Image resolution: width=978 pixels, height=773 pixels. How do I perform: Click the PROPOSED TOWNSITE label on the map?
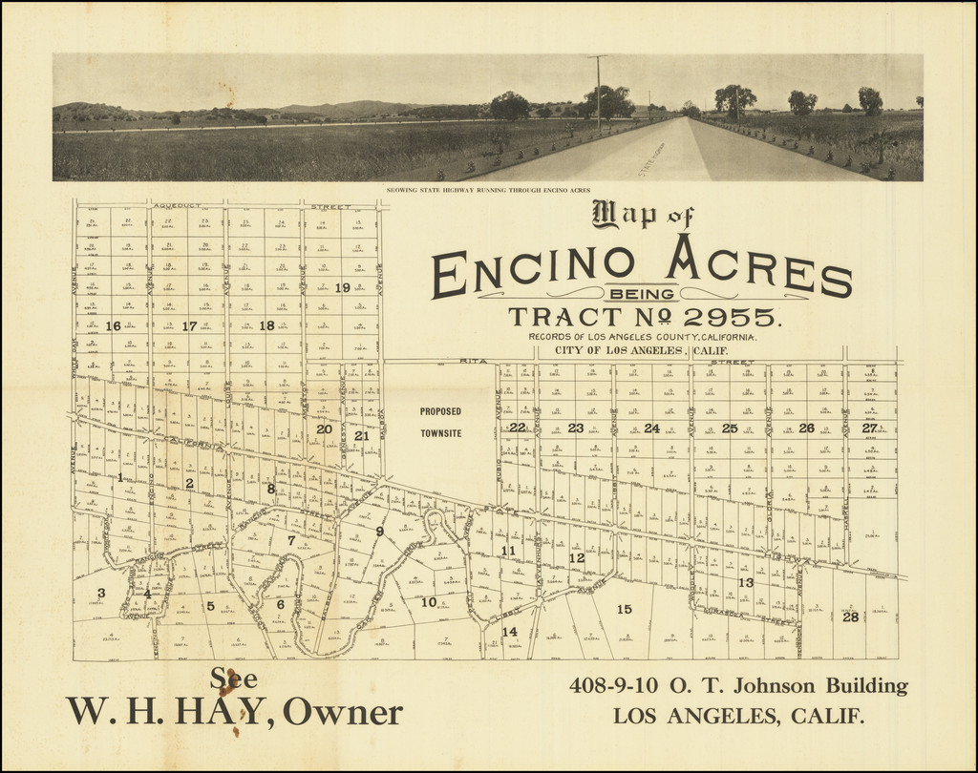[x=440, y=422]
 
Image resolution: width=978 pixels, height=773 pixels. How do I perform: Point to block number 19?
[x=343, y=287]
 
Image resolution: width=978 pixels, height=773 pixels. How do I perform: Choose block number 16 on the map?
[x=113, y=325]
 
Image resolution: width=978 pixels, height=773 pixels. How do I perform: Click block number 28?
[x=850, y=616]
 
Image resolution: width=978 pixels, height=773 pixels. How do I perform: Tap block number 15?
[x=625, y=609]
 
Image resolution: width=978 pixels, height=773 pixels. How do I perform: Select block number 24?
[x=652, y=428]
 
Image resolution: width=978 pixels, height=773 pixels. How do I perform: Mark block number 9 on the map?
[x=379, y=531]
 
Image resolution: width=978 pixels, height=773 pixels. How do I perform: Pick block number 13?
[x=746, y=582]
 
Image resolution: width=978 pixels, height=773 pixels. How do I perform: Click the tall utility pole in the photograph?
[x=599, y=92]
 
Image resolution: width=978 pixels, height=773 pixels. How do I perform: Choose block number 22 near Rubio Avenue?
[x=517, y=428]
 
